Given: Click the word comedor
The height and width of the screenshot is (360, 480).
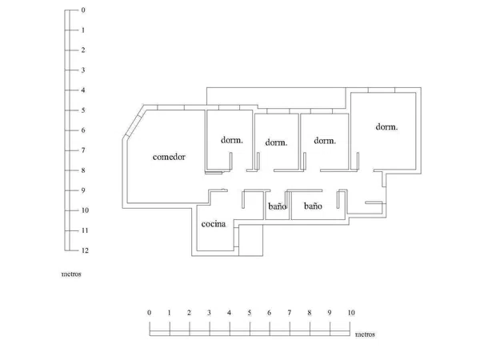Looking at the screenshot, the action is [169, 157].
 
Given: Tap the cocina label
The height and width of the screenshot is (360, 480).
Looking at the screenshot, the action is [214, 224].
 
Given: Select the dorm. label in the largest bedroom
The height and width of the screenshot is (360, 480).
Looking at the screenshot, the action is [386, 126].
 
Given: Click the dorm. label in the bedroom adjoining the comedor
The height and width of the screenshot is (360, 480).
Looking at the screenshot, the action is [232, 140].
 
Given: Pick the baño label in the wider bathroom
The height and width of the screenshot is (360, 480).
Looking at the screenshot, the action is [313, 206].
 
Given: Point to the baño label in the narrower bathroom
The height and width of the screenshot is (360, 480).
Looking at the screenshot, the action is [278, 206].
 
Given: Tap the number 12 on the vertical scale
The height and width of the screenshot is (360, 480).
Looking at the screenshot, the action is [85, 250].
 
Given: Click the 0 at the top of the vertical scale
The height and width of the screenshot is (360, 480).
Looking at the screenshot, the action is [83, 10].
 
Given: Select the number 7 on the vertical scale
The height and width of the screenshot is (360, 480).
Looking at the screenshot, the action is [83, 150].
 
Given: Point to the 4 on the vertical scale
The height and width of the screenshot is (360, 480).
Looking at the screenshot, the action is [83, 90].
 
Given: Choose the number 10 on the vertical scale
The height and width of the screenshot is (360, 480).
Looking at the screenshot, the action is [85, 210].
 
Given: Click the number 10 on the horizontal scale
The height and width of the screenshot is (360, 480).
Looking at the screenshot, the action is [351, 313].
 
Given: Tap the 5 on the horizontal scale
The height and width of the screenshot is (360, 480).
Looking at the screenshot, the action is [250, 313].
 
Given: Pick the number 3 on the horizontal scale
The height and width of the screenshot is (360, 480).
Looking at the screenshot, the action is [209, 313].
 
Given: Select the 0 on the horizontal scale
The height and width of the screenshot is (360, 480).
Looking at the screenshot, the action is [149, 313].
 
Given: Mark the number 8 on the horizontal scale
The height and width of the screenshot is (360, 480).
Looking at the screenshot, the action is [310, 313].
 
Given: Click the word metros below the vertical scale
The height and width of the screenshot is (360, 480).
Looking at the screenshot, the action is [71, 274].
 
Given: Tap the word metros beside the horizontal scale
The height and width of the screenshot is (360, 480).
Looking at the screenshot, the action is [365, 334].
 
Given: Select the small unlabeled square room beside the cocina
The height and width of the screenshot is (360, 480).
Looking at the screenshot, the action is [250, 240].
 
